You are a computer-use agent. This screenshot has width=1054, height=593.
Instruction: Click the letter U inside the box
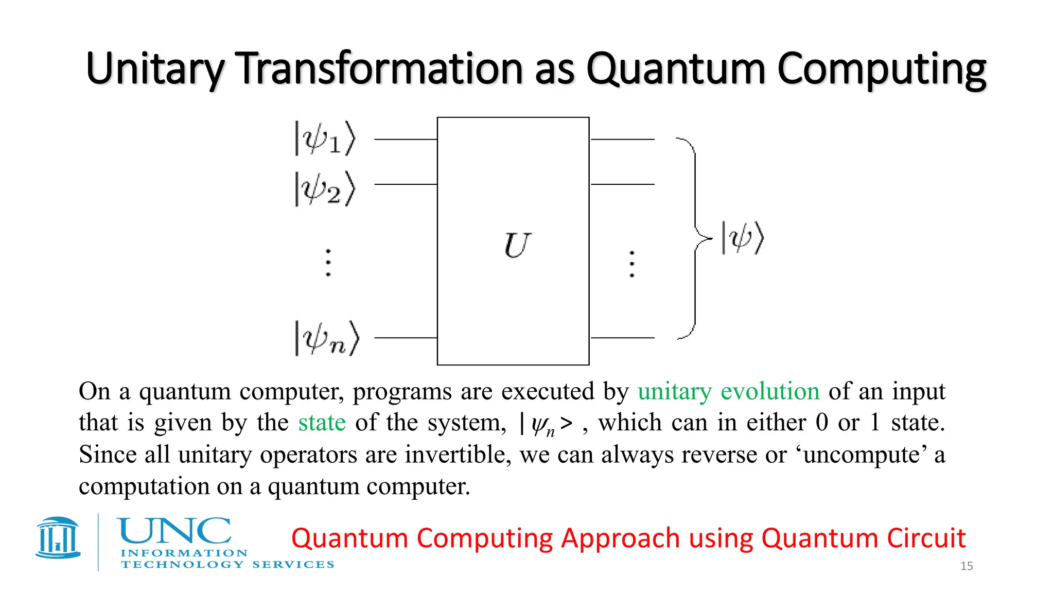click(517, 246)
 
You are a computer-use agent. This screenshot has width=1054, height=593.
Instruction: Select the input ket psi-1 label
click(325, 138)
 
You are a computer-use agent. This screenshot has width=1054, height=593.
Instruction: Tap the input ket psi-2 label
click(325, 189)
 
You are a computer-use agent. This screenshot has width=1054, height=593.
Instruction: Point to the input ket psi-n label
click(326, 338)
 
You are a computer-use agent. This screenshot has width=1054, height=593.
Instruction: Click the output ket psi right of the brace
click(743, 238)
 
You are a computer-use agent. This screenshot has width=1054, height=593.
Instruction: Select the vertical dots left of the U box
click(328, 263)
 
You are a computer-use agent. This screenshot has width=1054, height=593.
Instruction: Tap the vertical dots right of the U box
click(632, 264)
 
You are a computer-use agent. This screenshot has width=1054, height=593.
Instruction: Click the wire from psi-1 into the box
click(406, 139)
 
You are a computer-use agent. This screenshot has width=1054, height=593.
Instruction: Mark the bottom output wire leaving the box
click(622, 338)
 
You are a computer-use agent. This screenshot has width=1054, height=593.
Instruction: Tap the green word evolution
click(770, 391)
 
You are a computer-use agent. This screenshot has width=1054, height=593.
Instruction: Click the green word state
click(322, 423)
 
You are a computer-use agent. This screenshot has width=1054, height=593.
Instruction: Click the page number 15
click(967, 566)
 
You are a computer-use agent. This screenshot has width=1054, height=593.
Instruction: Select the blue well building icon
click(58, 537)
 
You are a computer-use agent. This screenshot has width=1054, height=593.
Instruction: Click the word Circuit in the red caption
click(926, 538)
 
